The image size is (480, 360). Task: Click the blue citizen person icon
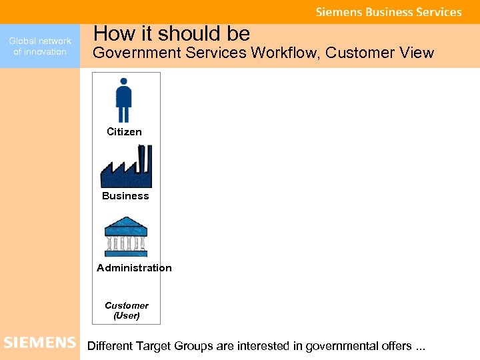[124, 101]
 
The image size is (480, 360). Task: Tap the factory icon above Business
[126, 167]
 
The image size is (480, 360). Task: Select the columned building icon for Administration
[126, 237]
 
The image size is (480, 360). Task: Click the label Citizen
[125, 132]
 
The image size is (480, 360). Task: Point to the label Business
[125, 196]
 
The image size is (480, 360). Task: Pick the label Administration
[134, 268]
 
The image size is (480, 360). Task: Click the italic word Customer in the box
[127, 305]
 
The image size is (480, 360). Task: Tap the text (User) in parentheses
[127, 315]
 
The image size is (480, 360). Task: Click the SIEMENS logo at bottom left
[40, 343]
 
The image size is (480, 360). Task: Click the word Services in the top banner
[439, 12]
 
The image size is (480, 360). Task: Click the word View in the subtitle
[417, 53]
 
